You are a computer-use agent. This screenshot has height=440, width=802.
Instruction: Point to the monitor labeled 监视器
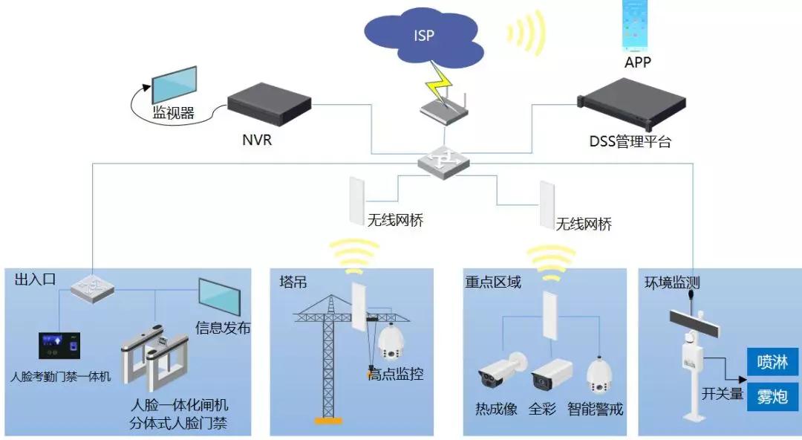click(x=174, y=85)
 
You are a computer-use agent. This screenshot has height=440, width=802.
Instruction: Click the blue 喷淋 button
click(x=772, y=363)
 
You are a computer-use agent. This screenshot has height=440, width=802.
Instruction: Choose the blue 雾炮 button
click(x=772, y=395)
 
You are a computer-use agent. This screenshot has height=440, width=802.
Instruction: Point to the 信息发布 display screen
click(x=218, y=297)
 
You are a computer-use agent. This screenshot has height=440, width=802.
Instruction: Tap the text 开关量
click(x=723, y=395)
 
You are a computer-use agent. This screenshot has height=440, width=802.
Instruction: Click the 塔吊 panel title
click(x=293, y=282)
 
